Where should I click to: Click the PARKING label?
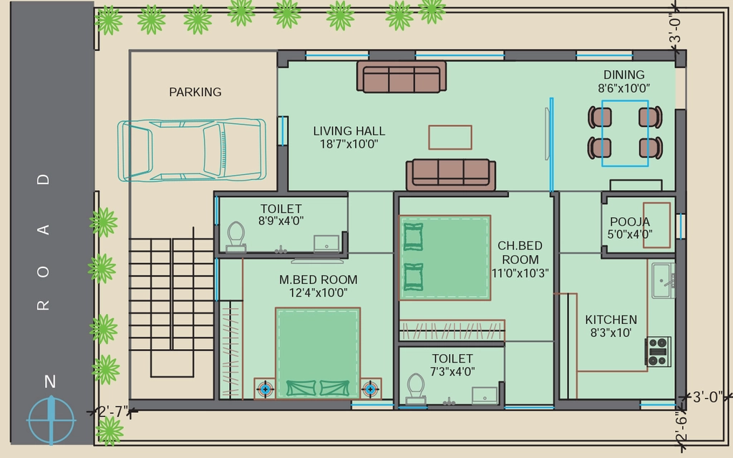pyautogui.click(x=195, y=92)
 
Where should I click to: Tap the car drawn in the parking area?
pyautogui.click(x=192, y=150)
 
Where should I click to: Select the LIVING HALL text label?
pyautogui.click(x=349, y=130)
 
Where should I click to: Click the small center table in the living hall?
pyautogui.click(x=450, y=137)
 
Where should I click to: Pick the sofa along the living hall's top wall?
pyautogui.click(x=402, y=77)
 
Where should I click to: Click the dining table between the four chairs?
pyautogui.click(x=625, y=133)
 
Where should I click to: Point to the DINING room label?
pyautogui.click(x=623, y=75)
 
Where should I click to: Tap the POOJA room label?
pyautogui.click(x=630, y=221)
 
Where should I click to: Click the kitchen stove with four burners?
pyautogui.click(x=659, y=351)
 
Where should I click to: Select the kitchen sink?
pyautogui.click(x=664, y=280)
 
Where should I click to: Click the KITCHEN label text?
pyautogui.click(x=611, y=320)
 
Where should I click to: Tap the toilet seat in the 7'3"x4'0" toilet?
pyautogui.click(x=416, y=388)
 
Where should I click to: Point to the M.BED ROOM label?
pyautogui.click(x=319, y=280)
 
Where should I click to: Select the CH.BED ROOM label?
pyautogui.click(x=520, y=252)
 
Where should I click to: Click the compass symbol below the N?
pyautogui.click(x=51, y=420)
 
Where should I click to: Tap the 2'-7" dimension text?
pyautogui.click(x=114, y=411)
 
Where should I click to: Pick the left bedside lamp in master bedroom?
pyautogui.click(x=265, y=388)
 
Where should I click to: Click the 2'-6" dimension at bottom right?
pyautogui.click(x=681, y=426)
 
